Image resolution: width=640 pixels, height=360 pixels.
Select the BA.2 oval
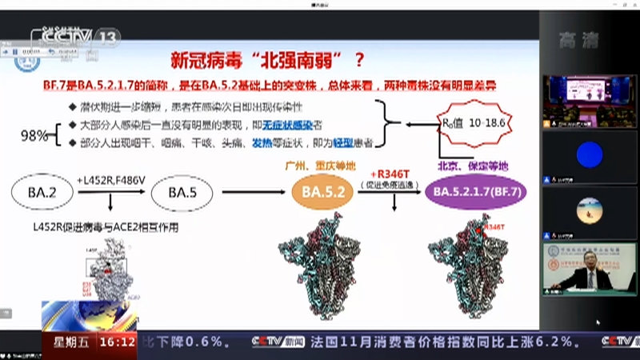click(41, 192)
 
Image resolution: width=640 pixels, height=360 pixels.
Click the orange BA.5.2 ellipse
click(322, 193)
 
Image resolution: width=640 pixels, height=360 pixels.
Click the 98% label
click(34, 136)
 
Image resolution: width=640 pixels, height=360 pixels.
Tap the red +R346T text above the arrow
click(390, 174)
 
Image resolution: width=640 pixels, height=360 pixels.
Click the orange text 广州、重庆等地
click(321, 166)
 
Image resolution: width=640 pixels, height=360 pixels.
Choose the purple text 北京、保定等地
click(472, 166)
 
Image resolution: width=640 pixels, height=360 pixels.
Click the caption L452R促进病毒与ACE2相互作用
click(108, 228)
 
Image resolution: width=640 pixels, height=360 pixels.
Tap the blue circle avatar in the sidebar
click(590, 154)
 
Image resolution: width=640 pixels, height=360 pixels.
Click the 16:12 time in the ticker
click(117, 342)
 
